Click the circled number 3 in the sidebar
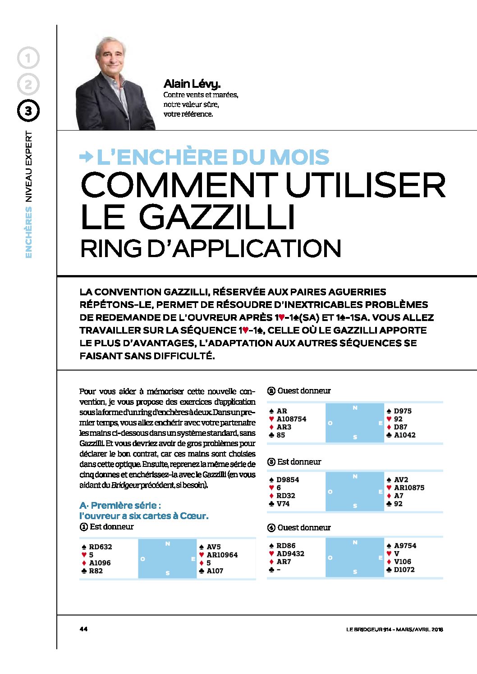(28, 111)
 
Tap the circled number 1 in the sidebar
(28, 58)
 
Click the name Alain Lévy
(192, 84)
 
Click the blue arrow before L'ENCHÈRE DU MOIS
(86, 157)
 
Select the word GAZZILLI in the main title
(217, 217)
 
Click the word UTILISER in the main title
(366, 185)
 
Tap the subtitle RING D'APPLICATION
(210, 249)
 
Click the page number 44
(83, 629)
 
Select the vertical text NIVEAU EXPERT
(29, 166)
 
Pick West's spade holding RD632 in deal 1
(100, 547)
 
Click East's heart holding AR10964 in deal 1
(222, 555)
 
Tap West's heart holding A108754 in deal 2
(291, 419)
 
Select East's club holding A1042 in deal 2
(404, 435)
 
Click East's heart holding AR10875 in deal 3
(409, 488)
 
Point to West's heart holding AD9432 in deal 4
(290, 554)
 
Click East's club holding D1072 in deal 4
(404, 570)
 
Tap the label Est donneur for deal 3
(299, 462)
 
